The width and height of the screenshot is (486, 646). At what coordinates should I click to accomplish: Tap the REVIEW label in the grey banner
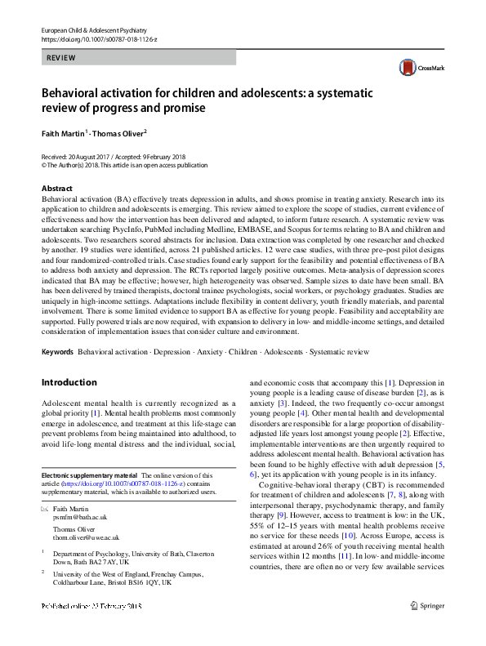(61, 58)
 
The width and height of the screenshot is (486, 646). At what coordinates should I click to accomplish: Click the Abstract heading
(57, 188)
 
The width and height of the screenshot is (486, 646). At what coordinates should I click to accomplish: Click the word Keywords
(57, 351)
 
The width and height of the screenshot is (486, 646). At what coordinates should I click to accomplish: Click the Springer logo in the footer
(426, 629)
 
